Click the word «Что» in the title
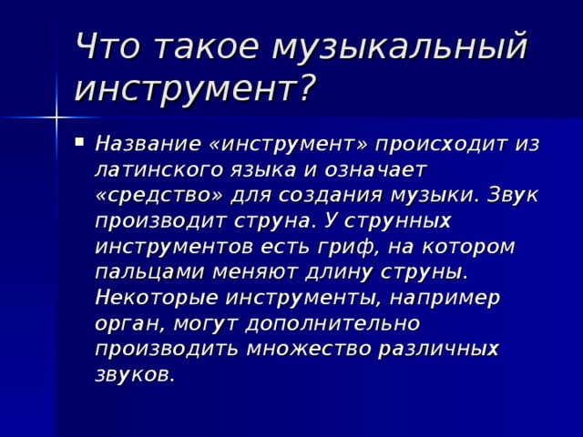click(107, 46)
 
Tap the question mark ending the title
click(305, 86)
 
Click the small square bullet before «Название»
click(79, 142)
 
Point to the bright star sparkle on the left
click(56, 117)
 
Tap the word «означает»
click(375, 170)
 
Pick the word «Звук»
click(512, 196)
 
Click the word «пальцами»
click(149, 273)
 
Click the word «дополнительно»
click(332, 323)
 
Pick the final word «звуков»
click(135, 374)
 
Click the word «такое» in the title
click(206, 47)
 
